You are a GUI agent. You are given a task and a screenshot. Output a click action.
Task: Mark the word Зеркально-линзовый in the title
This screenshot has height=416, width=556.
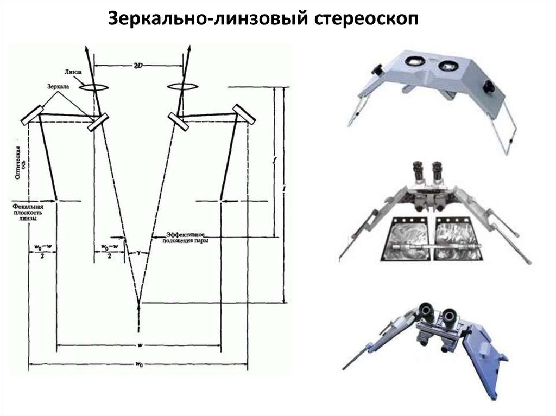(207, 19)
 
